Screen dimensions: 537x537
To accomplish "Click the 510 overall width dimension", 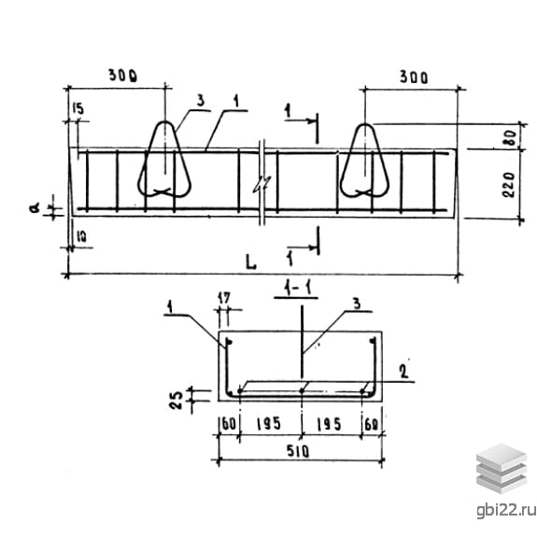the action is pyautogui.click(x=298, y=451).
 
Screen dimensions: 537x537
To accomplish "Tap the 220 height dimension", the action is pyautogui.click(x=509, y=185).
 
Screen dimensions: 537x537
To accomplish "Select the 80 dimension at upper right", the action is pyautogui.click(x=511, y=137).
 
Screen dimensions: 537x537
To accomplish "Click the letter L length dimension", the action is pyautogui.click(x=251, y=261).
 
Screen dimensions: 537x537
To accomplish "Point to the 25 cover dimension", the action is pyautogui.click(x=177, y=400).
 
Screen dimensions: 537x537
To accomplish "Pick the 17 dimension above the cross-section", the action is pyautogui.click(x=224, y=298).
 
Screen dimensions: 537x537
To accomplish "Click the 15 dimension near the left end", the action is pyautogui.click(x=78, y=109).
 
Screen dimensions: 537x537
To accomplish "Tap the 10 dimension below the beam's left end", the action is pyautogui.click(x=81, y=237).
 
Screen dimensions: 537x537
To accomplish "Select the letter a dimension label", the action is pyautogui.click(x=35, y=208).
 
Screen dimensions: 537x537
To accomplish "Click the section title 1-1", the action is pyautogui.click(x=296, y=289).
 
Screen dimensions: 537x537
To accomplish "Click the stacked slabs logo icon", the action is pyautogui.click(x=502, y=468).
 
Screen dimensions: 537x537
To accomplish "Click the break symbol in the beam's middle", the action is pyautogui.click(x=262, y=184).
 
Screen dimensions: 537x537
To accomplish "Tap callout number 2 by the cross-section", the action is pyautogui.click(x=404, y=372).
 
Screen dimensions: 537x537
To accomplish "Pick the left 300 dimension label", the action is pyautogui.click(x=122, y=76).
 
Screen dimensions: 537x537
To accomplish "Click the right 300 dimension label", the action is pyautogui.click(x=414, y=78).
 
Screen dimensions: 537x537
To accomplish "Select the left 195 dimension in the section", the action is pyautogui.click(x=269, y=424).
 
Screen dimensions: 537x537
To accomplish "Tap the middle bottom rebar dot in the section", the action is pyautogui.click(x=302, y=390).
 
